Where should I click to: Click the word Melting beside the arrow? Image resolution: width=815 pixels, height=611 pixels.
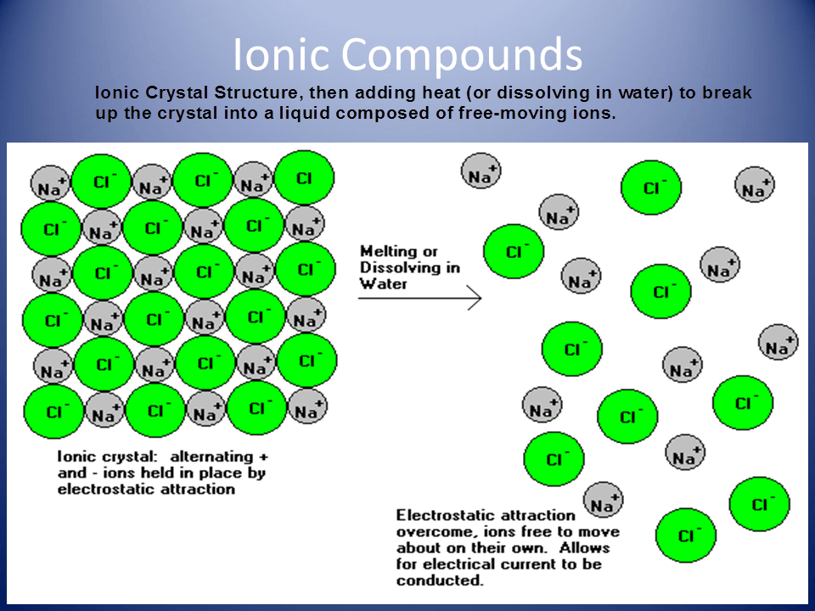click(x=388, y=251)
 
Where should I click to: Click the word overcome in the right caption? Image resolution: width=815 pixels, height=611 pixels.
click(x=430, y=531)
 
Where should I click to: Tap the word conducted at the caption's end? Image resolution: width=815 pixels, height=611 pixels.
click(x=439, y=580)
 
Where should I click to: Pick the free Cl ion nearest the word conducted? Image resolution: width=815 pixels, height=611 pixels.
click(x=686, y=535)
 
